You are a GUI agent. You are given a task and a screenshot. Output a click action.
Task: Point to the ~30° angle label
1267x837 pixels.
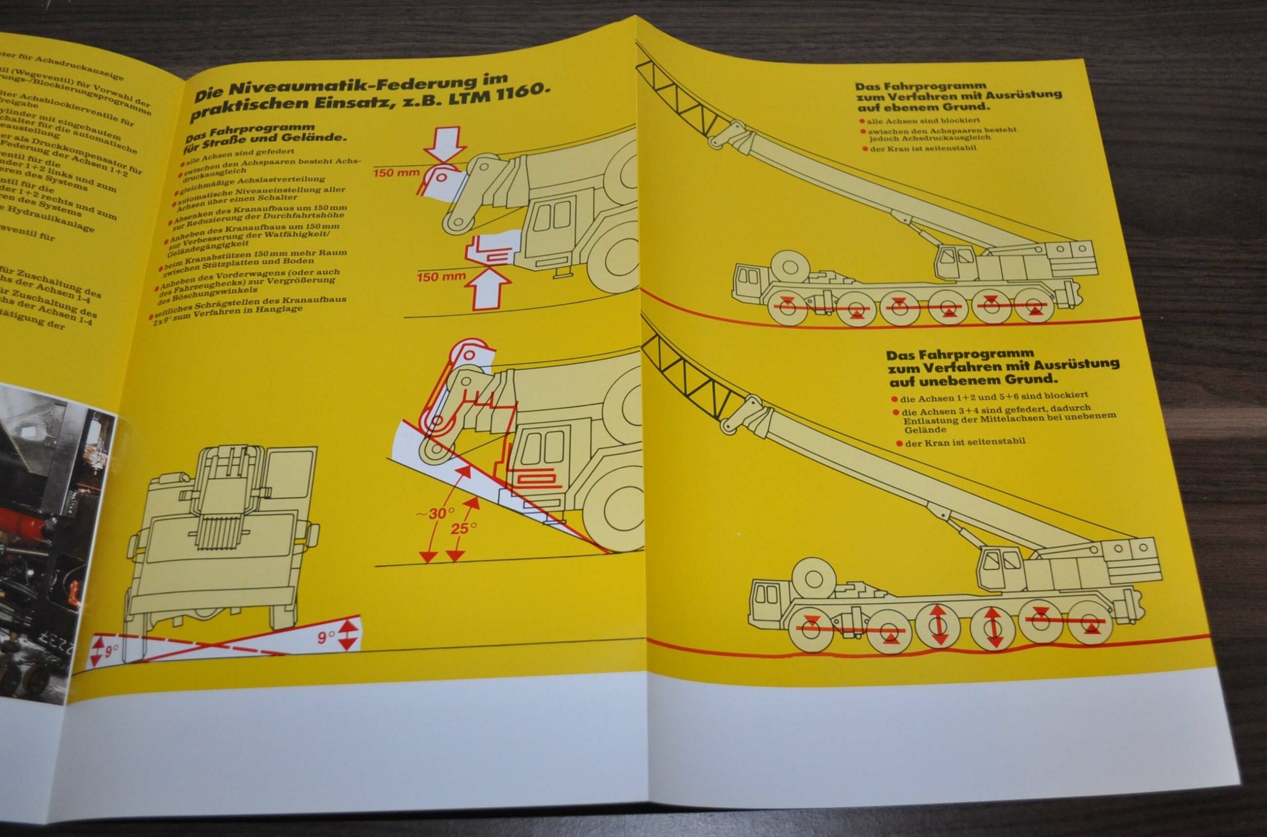[436, 513]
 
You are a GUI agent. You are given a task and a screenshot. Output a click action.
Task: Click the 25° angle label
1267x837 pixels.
[463, 528]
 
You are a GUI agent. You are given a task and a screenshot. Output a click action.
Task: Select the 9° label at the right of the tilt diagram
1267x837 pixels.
[327, 638]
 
